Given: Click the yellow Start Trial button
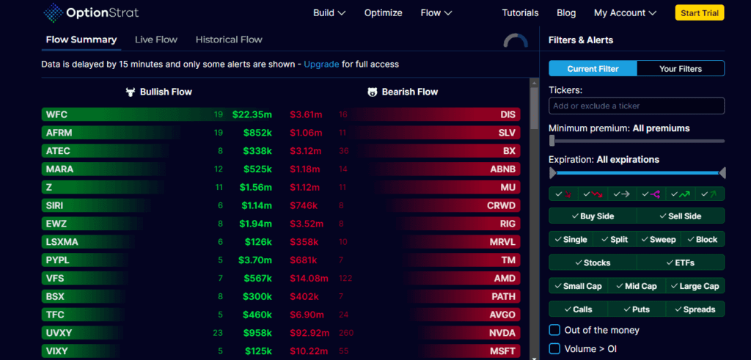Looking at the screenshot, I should pos(699,12).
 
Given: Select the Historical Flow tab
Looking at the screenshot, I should pos(229,40).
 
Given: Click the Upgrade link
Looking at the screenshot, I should pos(321,65).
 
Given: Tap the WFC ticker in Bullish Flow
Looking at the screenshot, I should pos(56,114).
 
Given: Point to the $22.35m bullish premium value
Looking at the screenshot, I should pos(252,114).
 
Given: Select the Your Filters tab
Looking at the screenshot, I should pos(680,69).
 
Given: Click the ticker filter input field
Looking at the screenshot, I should pos(636,106).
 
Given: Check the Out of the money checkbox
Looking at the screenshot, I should pos(555,330).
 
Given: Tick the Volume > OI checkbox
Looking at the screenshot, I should pos(555,349).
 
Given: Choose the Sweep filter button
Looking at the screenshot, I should pos(658,240).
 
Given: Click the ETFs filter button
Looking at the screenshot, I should pos(680,262).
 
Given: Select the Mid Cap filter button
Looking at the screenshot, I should pos(636,286).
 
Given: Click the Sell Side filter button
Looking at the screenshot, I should pos(680,216).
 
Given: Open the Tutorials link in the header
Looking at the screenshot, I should pos(520,12).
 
